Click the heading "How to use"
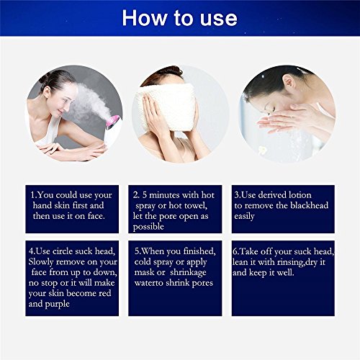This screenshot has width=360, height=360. [x=179, y=18]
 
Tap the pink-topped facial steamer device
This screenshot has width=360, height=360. [x=112, y=130]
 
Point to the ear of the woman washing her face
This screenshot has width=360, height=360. [x=289, y=81]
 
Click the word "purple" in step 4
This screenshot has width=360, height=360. [x=58, y=305]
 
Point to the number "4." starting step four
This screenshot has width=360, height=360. [x=32, y=251]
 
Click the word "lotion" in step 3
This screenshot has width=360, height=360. [x=300, y=195]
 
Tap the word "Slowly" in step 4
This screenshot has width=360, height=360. [x=41, y=262]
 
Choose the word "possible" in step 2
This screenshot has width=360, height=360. [x=148, y=227]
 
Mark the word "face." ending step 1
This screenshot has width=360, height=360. [x=96, y=216]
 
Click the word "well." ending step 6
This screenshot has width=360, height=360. [x=285, y=273]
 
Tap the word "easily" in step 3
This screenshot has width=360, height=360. [x=244, y=217]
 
